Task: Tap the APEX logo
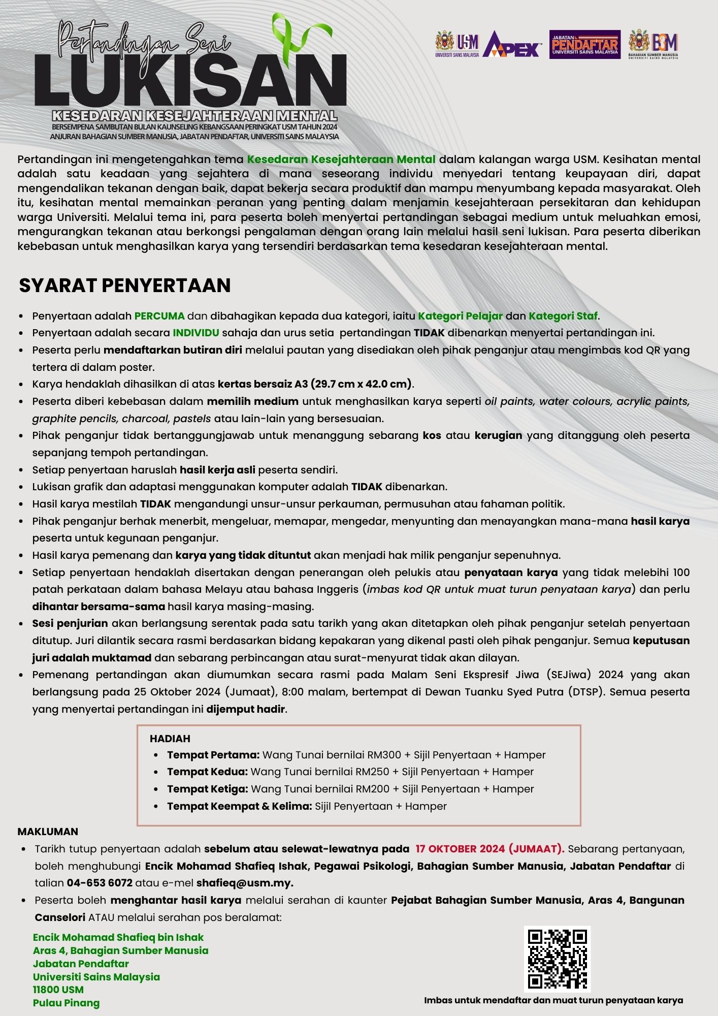click(512, 45)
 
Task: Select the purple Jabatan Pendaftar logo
click(584, 45)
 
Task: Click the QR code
click(557, 959)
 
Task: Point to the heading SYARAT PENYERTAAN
click(125, 285)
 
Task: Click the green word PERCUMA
click(159, 316)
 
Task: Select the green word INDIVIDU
click(196, 333)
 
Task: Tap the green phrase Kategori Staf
click(563, 316)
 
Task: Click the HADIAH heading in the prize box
click(170, 739)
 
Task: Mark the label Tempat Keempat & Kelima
click(239, 806)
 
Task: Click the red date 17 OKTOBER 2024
click(460, 849)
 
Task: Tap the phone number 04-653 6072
click(100, 883)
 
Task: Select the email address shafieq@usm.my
click(245, 883)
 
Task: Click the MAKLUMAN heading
click(48, 832)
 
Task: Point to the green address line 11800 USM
click(58, 990)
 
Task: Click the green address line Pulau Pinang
click(66, 1003)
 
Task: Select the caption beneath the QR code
click(553, 1000)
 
